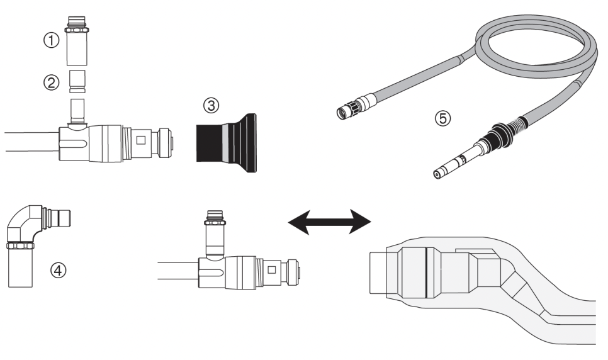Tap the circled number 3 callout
click(213, 107)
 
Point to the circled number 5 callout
click(431, 116)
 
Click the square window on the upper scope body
click(141, 139)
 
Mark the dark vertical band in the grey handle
click(425, 271)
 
